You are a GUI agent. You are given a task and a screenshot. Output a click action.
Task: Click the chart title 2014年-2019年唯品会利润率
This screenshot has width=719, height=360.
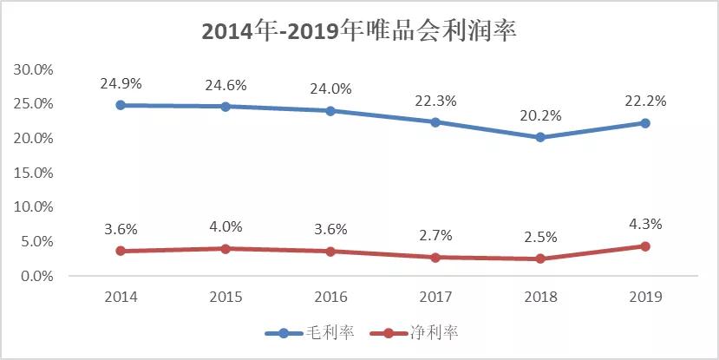point(359,31)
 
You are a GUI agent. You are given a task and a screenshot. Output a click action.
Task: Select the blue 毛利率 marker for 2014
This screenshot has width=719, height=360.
point(121,105)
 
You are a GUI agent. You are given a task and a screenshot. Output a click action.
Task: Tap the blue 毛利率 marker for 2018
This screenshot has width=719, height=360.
point(540,137)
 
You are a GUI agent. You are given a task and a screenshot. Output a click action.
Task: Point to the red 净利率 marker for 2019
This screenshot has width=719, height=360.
point(645,246)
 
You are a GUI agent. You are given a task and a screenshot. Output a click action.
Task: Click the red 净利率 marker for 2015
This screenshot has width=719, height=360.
point(226,249)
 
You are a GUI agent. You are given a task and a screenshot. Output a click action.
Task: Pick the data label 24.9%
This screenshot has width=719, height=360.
point(121,84)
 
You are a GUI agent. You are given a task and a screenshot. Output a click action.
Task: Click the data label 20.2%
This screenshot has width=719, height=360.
point(540,116)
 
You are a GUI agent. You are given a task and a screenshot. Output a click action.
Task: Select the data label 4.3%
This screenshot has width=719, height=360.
point(645,224)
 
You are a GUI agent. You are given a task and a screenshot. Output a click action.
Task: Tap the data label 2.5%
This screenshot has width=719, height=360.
point(540,237)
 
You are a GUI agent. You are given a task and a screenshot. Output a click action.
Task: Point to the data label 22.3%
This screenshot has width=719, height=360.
point(435,101)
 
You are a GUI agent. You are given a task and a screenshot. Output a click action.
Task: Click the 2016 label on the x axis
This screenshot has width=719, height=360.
point(330,297)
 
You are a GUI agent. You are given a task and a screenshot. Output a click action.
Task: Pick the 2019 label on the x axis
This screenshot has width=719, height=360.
point(645,297)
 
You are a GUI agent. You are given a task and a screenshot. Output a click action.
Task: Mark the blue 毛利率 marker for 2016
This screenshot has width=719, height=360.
point(330,111)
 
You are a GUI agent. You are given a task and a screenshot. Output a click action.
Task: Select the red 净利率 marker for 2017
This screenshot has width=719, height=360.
point(435,258)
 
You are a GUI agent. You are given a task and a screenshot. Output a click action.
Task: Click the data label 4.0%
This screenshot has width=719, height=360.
point(226,227)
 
